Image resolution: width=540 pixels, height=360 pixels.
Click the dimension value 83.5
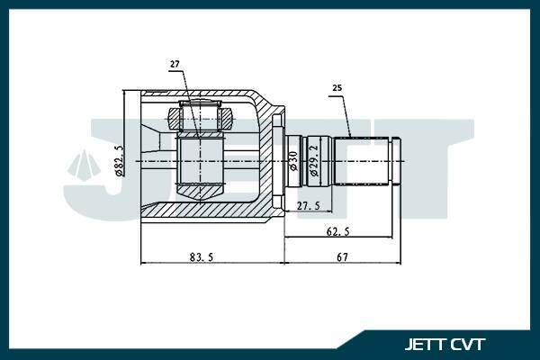pyautogui.click(x=202, y=257)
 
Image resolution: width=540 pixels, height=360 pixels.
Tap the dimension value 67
pyautogui.click(x=342, y=257)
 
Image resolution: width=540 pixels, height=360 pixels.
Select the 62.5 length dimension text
pyautogui.click(x=337, y=231)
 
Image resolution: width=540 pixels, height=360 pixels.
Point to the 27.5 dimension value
pyautogui.click(x=309, y=206)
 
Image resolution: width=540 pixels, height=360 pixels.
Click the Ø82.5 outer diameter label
pyautogui.click(x=119, y=160)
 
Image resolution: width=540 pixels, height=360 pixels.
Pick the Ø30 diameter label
pyautogui.click(x=293, y=160)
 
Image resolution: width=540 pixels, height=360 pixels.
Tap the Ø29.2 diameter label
pyautogui.click(x=314, y=160)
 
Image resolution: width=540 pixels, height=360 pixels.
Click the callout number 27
pyautogui.click(x=175, y=64)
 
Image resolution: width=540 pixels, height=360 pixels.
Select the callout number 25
pyautogui.click(x=337, y=88)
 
